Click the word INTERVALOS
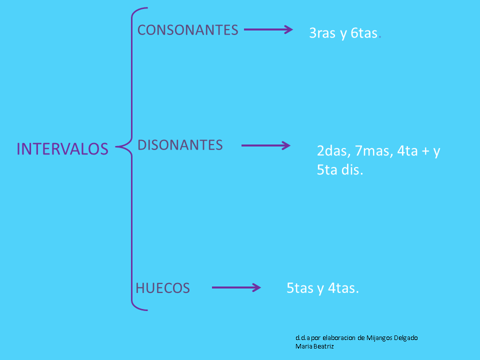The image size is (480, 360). tap(62, 149)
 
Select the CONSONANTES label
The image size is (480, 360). tap(187, 30)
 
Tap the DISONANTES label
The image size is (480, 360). tap(180, 145)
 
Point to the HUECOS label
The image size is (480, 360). tap(162, 288)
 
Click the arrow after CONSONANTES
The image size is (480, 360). tap(268, 29)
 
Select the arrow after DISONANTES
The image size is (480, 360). tap(265, 145)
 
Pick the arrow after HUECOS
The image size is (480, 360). tap(236, 287)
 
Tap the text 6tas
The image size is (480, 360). tap(363, 34)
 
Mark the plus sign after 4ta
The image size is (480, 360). tap(425, 151)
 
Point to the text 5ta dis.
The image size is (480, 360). tap(340, 170)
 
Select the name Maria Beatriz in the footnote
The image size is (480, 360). tap(314, 346)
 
